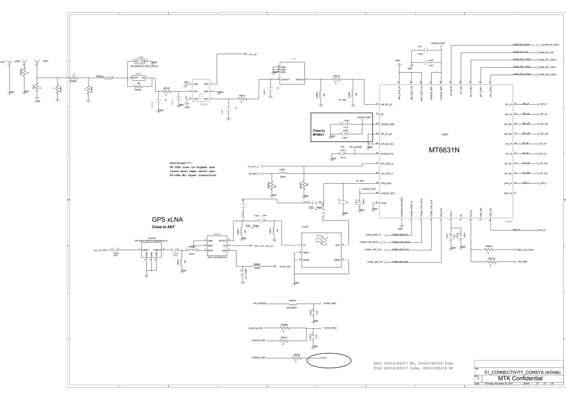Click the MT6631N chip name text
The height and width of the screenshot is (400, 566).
coord(444,150)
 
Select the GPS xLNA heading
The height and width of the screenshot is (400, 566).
coord(167,220)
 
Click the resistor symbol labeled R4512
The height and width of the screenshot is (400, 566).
coord(337,80)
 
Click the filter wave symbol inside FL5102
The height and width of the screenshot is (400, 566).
coord(321,240)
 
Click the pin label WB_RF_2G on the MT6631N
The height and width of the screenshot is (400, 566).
coord(386,104)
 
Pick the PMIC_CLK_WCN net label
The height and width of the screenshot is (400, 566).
coord(525,250)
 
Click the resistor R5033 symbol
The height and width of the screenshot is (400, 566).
coord(489,249)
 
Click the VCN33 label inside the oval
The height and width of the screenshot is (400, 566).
coord(324,358)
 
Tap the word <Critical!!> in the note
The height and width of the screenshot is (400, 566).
coord(180,163)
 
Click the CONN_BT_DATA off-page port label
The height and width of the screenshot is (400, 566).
coord(551,45)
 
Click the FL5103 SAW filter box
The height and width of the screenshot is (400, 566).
coord(151,250)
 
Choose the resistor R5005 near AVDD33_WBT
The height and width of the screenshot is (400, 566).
coord(297,358)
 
